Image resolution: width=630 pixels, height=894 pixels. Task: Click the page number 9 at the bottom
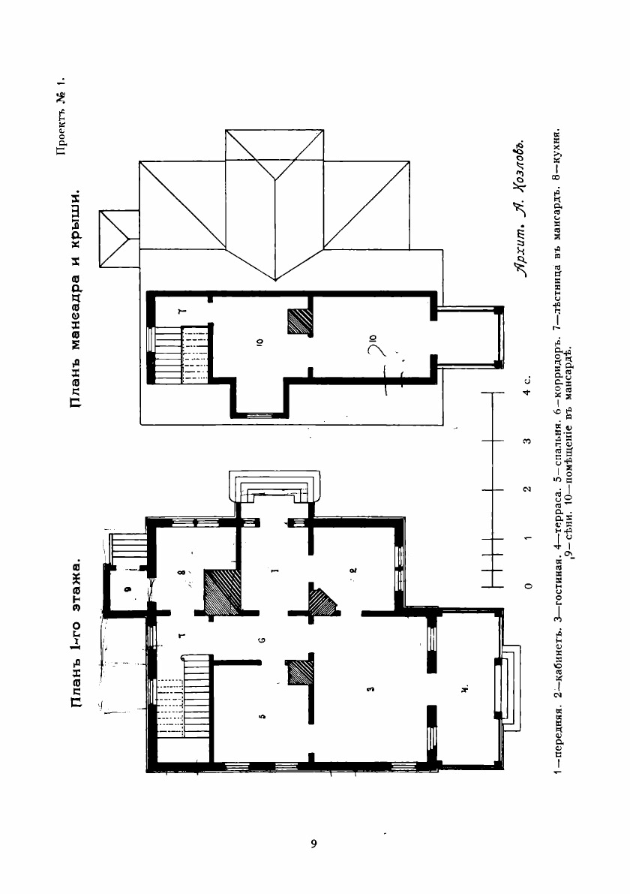(314, 844)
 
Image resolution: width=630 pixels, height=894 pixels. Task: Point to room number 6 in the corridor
(262, 640)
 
